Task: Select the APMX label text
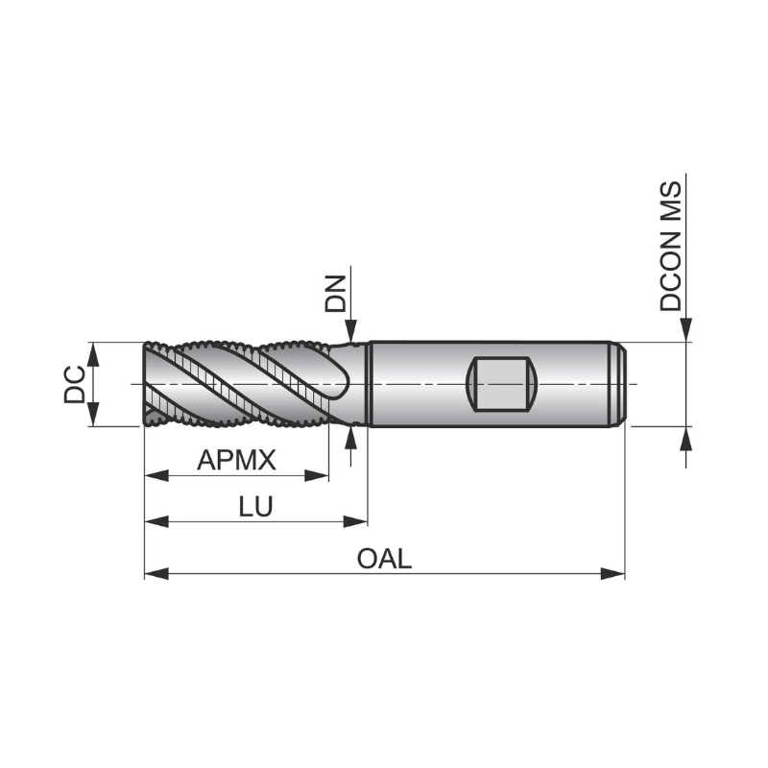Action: pyautogui.click(x=236, y=461)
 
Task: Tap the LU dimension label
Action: pyautogui.click(x=255, y=508)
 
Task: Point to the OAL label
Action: pyautogui.click(x=384, y=559)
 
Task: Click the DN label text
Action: pyautogui.click(x=335, y=294)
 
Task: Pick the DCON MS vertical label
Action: pyautogui.click(x=671, y=246)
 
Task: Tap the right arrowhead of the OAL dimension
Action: pyautogui.click(x=614, y=573)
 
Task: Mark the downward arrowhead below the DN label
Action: pyautogui.click(x=353, y=330)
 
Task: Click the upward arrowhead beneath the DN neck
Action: pyautogui.click(x=353, y=438)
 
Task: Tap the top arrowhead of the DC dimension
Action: pyautogui.click(x=93, y=352)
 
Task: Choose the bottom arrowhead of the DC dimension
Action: pyautogui.click(x=93, y=415)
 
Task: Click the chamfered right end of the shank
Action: pyautogui.click(x=619, y=384)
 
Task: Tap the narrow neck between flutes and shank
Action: pyautogui.click(x=361, y=384)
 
